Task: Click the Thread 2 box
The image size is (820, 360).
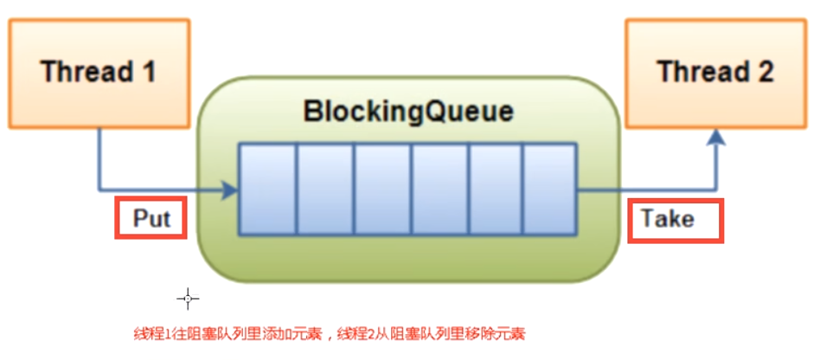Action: [714, 73]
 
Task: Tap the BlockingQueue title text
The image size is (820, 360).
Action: [408, 112]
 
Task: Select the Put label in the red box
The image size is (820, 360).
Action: [151, 219]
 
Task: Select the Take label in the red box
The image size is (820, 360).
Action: [674, 220]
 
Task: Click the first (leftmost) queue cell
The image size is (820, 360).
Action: [268, 190]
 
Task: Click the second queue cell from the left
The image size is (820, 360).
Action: [325, 190]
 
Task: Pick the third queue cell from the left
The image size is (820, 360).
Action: [382, 190]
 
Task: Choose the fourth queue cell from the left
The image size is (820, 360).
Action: [439, 190]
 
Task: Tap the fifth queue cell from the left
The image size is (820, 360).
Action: [495, 190]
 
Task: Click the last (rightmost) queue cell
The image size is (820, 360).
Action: [549, 190]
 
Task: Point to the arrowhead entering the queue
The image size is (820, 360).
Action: [230, 190]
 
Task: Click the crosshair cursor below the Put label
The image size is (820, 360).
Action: [188, 299]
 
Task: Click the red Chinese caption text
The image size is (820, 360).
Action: [329, 333]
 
